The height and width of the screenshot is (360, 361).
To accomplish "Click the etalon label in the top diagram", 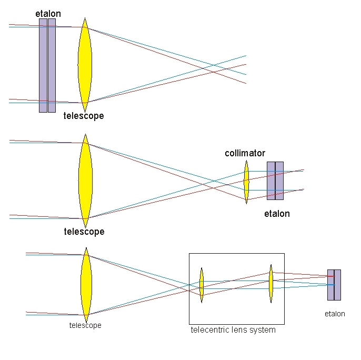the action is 48,14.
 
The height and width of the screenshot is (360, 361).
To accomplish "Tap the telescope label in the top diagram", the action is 84,116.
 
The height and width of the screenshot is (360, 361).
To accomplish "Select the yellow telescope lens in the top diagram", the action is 85,65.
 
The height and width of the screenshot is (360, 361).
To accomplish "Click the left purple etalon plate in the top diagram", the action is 43,66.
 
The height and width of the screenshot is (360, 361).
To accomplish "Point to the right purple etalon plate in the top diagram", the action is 52,66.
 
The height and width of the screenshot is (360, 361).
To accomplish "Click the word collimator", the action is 245,153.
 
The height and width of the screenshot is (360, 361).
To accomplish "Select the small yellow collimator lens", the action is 246,182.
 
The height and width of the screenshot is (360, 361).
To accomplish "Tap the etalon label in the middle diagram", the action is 277,214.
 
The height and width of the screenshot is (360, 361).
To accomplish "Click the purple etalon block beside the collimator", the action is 275,181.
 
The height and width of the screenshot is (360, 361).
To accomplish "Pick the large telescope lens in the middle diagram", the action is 85,181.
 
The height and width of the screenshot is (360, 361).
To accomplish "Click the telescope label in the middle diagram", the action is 84,232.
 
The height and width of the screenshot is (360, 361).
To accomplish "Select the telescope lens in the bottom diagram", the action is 86,285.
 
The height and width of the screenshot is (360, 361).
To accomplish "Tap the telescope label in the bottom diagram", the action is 85,325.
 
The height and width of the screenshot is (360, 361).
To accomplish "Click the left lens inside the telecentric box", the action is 202,285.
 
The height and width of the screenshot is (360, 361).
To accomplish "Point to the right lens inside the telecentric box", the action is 271,284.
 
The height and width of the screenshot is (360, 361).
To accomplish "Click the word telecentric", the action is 210,330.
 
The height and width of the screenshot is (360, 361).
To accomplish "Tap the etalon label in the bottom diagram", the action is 335,314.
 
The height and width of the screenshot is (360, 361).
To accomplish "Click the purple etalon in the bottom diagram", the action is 334,285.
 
